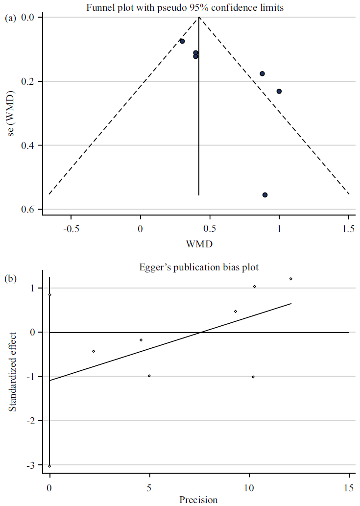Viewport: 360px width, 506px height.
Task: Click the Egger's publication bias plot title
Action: [x=199, y=268]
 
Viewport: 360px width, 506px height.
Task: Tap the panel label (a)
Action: [x=10, y=18]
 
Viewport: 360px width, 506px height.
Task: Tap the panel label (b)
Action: [x=10, y=279]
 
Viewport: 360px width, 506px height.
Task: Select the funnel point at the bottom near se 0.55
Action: [x=265, y=195]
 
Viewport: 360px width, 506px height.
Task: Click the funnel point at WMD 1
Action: [x=279, y=91]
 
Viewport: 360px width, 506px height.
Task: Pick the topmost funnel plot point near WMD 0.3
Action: [x=182, y=41]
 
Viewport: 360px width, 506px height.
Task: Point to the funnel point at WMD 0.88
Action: [x=263, y=73]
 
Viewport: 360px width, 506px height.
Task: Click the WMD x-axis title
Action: [x=199, y=243]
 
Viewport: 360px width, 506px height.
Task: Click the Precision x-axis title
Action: [x=199, y=500]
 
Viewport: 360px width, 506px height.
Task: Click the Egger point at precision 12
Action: [x=291, y=279]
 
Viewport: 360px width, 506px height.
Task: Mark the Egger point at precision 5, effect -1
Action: [x=149, y=376]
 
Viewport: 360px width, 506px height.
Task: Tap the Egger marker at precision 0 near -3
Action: [x=50, y=466]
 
